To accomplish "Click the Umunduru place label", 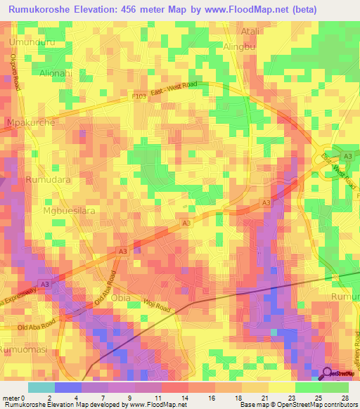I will tap(32, 43).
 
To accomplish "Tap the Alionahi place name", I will tap(56, 72).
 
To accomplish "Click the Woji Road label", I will tap(158, 306).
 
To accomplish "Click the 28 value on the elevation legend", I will tap(345, 396).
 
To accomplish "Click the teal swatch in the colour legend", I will tap(41, 387).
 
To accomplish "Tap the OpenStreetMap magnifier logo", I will tap(328, 373).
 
